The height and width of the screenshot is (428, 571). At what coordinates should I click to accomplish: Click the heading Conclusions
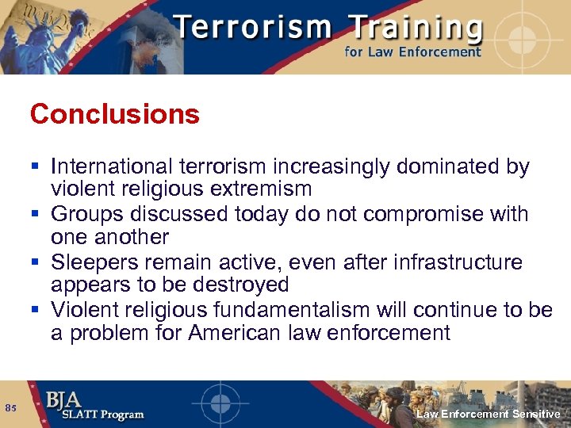pyautogui.click(x=115, y=115)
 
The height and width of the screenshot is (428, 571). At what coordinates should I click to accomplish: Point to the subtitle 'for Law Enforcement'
pyautogui.click(x=412, y=52)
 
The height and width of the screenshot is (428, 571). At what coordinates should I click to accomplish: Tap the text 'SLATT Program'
pyautogui.click(x=95, y=415)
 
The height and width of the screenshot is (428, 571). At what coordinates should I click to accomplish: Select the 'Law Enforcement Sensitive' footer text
pyautogui.click(x=489, y=415)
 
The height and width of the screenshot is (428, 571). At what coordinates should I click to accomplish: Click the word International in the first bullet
pyautogui.click(x=110, y=167)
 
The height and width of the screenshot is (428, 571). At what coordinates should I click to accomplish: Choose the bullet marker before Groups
pyautogui.click(x=37, y=215)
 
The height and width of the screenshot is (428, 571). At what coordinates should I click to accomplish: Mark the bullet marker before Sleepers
pyautogui.click(x=37, y=262)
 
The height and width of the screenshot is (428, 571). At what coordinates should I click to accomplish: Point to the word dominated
pyautogui.click(x=448, y=167)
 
